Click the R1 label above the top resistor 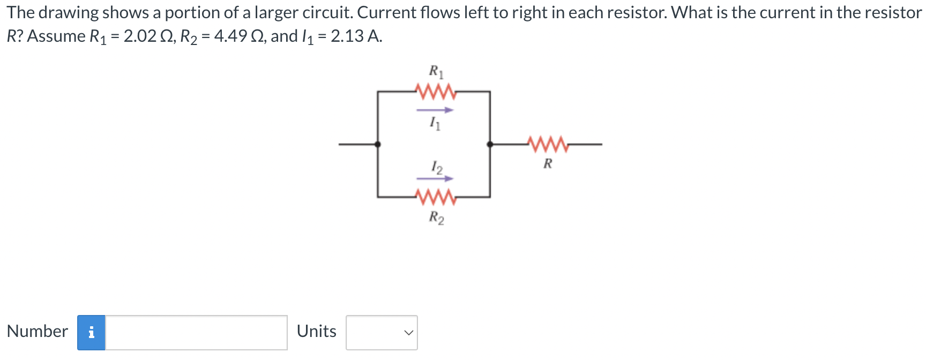(436, 71)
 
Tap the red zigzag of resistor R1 (436, 92)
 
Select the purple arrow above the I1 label (435, 110)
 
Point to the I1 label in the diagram (435, 124)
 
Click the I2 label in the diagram (437, 167)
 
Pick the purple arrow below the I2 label (435, 178)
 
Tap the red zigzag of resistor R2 (436, 197)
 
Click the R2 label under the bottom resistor (436, 217)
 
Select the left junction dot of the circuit (378, 144)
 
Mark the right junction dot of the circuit (490, 144)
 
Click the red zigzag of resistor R (547, 144)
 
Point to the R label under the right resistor (548, 163)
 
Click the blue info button (91, 332)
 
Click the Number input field (196, 332)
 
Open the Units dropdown (382, 332)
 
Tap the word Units (316, 331)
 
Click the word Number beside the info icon (38, 331)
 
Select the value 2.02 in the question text (140, 36)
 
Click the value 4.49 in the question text (230, 36)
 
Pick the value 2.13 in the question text (347, 36)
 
